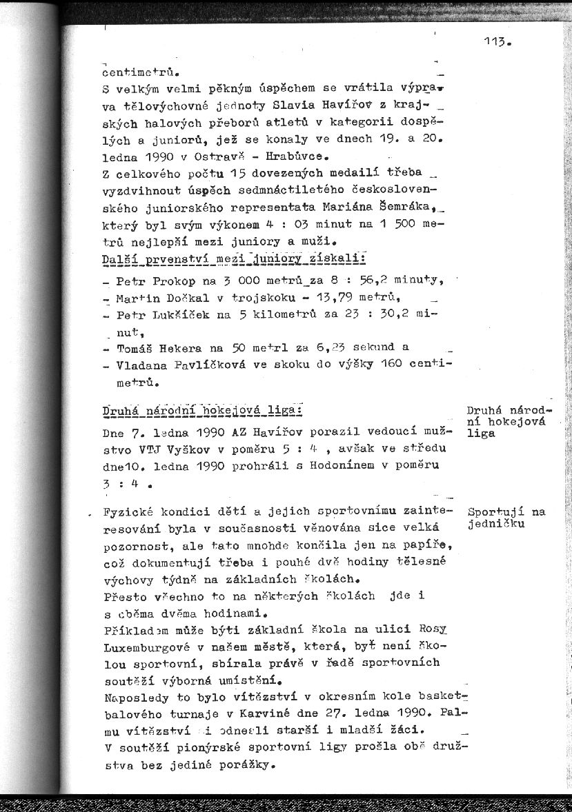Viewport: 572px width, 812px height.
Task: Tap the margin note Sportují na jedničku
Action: (x=506, y=518)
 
